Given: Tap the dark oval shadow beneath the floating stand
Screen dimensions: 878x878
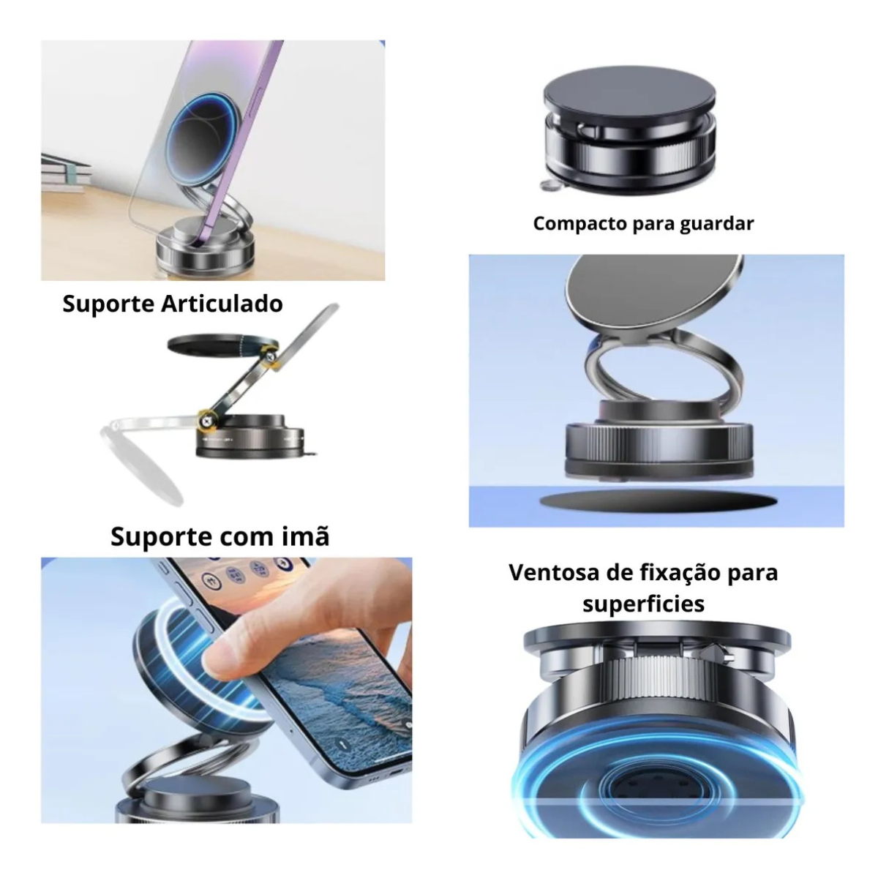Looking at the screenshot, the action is pyautogui.click(x=658, y=501).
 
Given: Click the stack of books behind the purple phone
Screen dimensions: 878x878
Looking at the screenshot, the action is pyautogui.click(x=64, y=173).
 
